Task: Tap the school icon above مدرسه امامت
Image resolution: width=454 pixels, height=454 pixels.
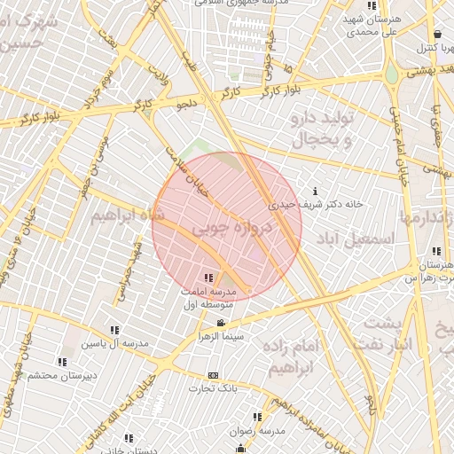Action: tap(207, 278)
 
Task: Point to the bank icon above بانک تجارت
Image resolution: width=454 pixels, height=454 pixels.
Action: tap(212, 374)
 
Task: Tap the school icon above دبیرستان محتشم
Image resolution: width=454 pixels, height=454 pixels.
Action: tap(61, 362)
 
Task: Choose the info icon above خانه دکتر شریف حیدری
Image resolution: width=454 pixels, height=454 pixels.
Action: tap(317, 191)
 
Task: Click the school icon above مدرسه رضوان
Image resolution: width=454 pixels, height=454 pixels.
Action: tap(257, 416)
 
